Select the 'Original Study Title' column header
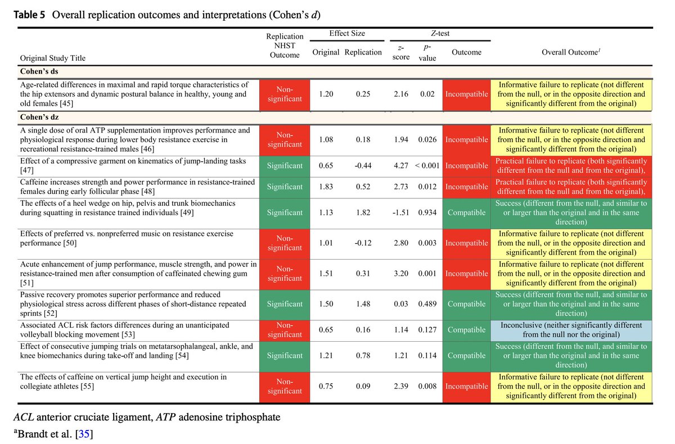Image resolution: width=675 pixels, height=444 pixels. pyautogui.click(x=53, y=58)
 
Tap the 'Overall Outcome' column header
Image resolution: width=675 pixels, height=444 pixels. pyautogui.click(x=571, y=52)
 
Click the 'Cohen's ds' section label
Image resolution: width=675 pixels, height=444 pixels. pyautogui.click(x=39, y=72)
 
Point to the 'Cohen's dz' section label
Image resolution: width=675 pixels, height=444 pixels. pyautogui.click(x=39, y=117)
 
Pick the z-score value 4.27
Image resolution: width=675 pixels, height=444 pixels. pyautogui.click(x=400, y=166)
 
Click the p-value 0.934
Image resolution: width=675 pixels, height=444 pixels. pyautogui.click(x=427, y=212)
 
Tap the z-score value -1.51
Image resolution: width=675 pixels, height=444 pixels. pyautogui.click(x=400, y=212)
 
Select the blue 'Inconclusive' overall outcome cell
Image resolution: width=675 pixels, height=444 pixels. pyautogui.click(x=571, y=330)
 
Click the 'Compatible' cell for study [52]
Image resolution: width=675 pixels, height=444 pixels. pyautogui.click(x=466, y=304)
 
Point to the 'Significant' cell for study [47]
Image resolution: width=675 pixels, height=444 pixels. pyautogui.click(x=285, y=166)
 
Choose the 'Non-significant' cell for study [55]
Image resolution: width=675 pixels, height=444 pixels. pyautogui.click(x=285, y=386)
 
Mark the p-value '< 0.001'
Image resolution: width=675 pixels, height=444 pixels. pyautogui.click(x=427, y=166)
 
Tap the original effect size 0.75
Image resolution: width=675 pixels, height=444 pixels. pyautogui.click(x=326, y=386)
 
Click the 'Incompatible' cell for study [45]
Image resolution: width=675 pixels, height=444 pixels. pyautogui.click(x=466, y=94)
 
